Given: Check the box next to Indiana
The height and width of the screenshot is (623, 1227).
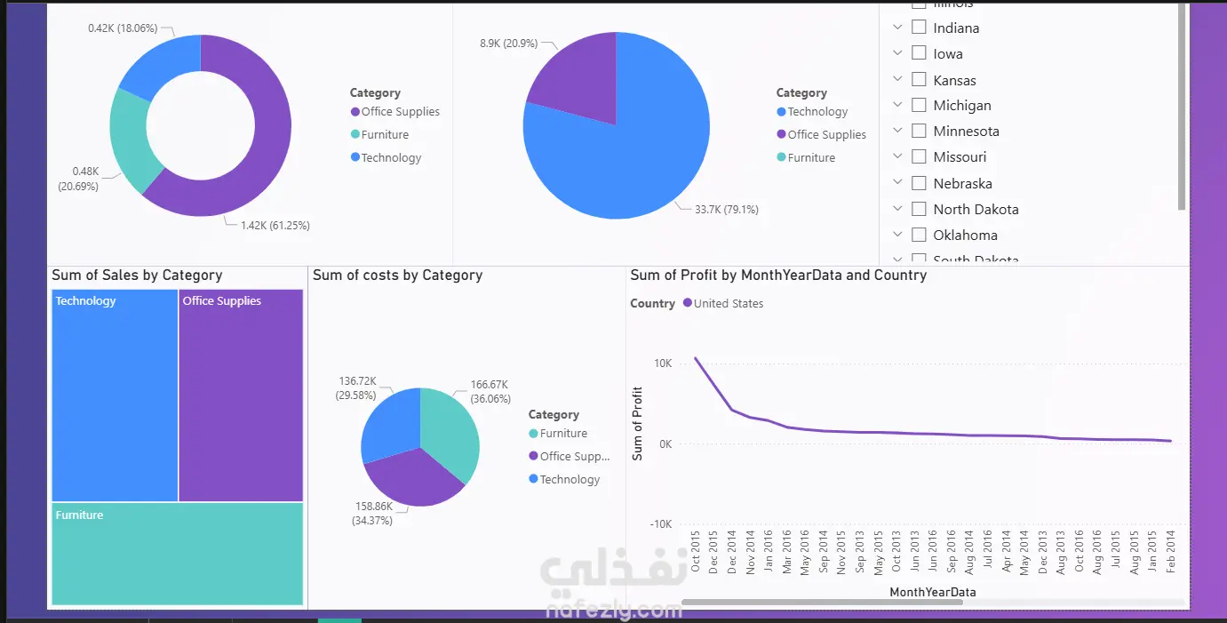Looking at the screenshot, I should [919, 28].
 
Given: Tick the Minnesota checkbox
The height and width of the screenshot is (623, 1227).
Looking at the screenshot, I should [919, 131].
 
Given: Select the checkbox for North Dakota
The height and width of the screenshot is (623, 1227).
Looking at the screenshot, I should [919, 209].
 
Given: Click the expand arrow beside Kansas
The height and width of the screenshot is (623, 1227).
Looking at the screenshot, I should [897, 80].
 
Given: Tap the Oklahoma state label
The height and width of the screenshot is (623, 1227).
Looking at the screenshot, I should [965, 236].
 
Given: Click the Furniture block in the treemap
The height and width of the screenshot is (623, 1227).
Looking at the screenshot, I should [178, 554].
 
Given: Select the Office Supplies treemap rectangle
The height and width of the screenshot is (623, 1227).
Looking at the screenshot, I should [241, 395].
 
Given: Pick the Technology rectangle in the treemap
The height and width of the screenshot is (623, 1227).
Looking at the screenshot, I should [115, 395].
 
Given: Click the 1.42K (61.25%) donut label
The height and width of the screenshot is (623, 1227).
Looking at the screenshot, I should [275, 226].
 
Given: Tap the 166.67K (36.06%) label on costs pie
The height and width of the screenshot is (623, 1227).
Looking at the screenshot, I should [490, 392].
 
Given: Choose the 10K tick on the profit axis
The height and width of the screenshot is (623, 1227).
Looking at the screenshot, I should [663, 363].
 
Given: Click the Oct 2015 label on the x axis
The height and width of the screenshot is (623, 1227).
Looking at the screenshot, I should [697, 551].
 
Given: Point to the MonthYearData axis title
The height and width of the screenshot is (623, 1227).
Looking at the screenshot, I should [932, 592].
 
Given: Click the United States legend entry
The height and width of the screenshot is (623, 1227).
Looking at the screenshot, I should [728, 304].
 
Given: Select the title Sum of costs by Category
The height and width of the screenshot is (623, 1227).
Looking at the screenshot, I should [397, 276].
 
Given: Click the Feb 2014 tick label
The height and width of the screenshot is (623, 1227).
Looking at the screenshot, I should [1171, 551].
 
